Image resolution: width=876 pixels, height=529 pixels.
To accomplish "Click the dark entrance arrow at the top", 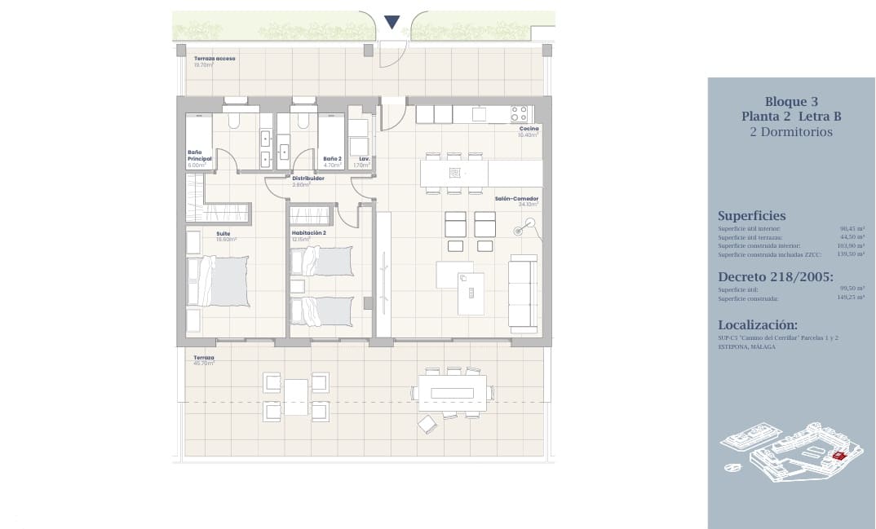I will [x=392, y=22].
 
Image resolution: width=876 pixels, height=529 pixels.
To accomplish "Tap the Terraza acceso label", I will [x=215, y=59].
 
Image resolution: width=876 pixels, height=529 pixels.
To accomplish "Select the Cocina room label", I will [x=529, y=129].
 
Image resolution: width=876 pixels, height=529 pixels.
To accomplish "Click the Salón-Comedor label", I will [x=516, y=198].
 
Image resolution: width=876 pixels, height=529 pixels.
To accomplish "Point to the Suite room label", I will [x=223, y=234].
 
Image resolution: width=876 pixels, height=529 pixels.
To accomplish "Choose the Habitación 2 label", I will [x=308, y=234].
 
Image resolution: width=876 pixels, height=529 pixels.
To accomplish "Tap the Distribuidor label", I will [x=308, y=178].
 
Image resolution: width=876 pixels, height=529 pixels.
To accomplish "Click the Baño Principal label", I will [x=196, y=155].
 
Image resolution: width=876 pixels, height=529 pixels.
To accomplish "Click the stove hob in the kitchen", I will [x=520, y=113].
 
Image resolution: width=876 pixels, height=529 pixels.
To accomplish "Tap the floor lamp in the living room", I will [x=518, y=231].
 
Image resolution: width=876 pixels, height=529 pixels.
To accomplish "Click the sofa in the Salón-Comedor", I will [x=522, y=291].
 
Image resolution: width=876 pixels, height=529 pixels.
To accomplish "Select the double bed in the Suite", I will [x=219, y=282].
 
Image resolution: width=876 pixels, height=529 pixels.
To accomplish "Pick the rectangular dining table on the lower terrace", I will [x=453, y=392].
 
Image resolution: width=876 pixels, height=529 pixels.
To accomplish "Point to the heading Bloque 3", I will [x=790, y=102].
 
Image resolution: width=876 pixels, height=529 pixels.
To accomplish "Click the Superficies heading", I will [x=751, y=216].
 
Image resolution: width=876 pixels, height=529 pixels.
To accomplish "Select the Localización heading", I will [x=758, y=324].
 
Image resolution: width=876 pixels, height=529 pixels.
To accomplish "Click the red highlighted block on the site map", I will [x=838, y=456].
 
